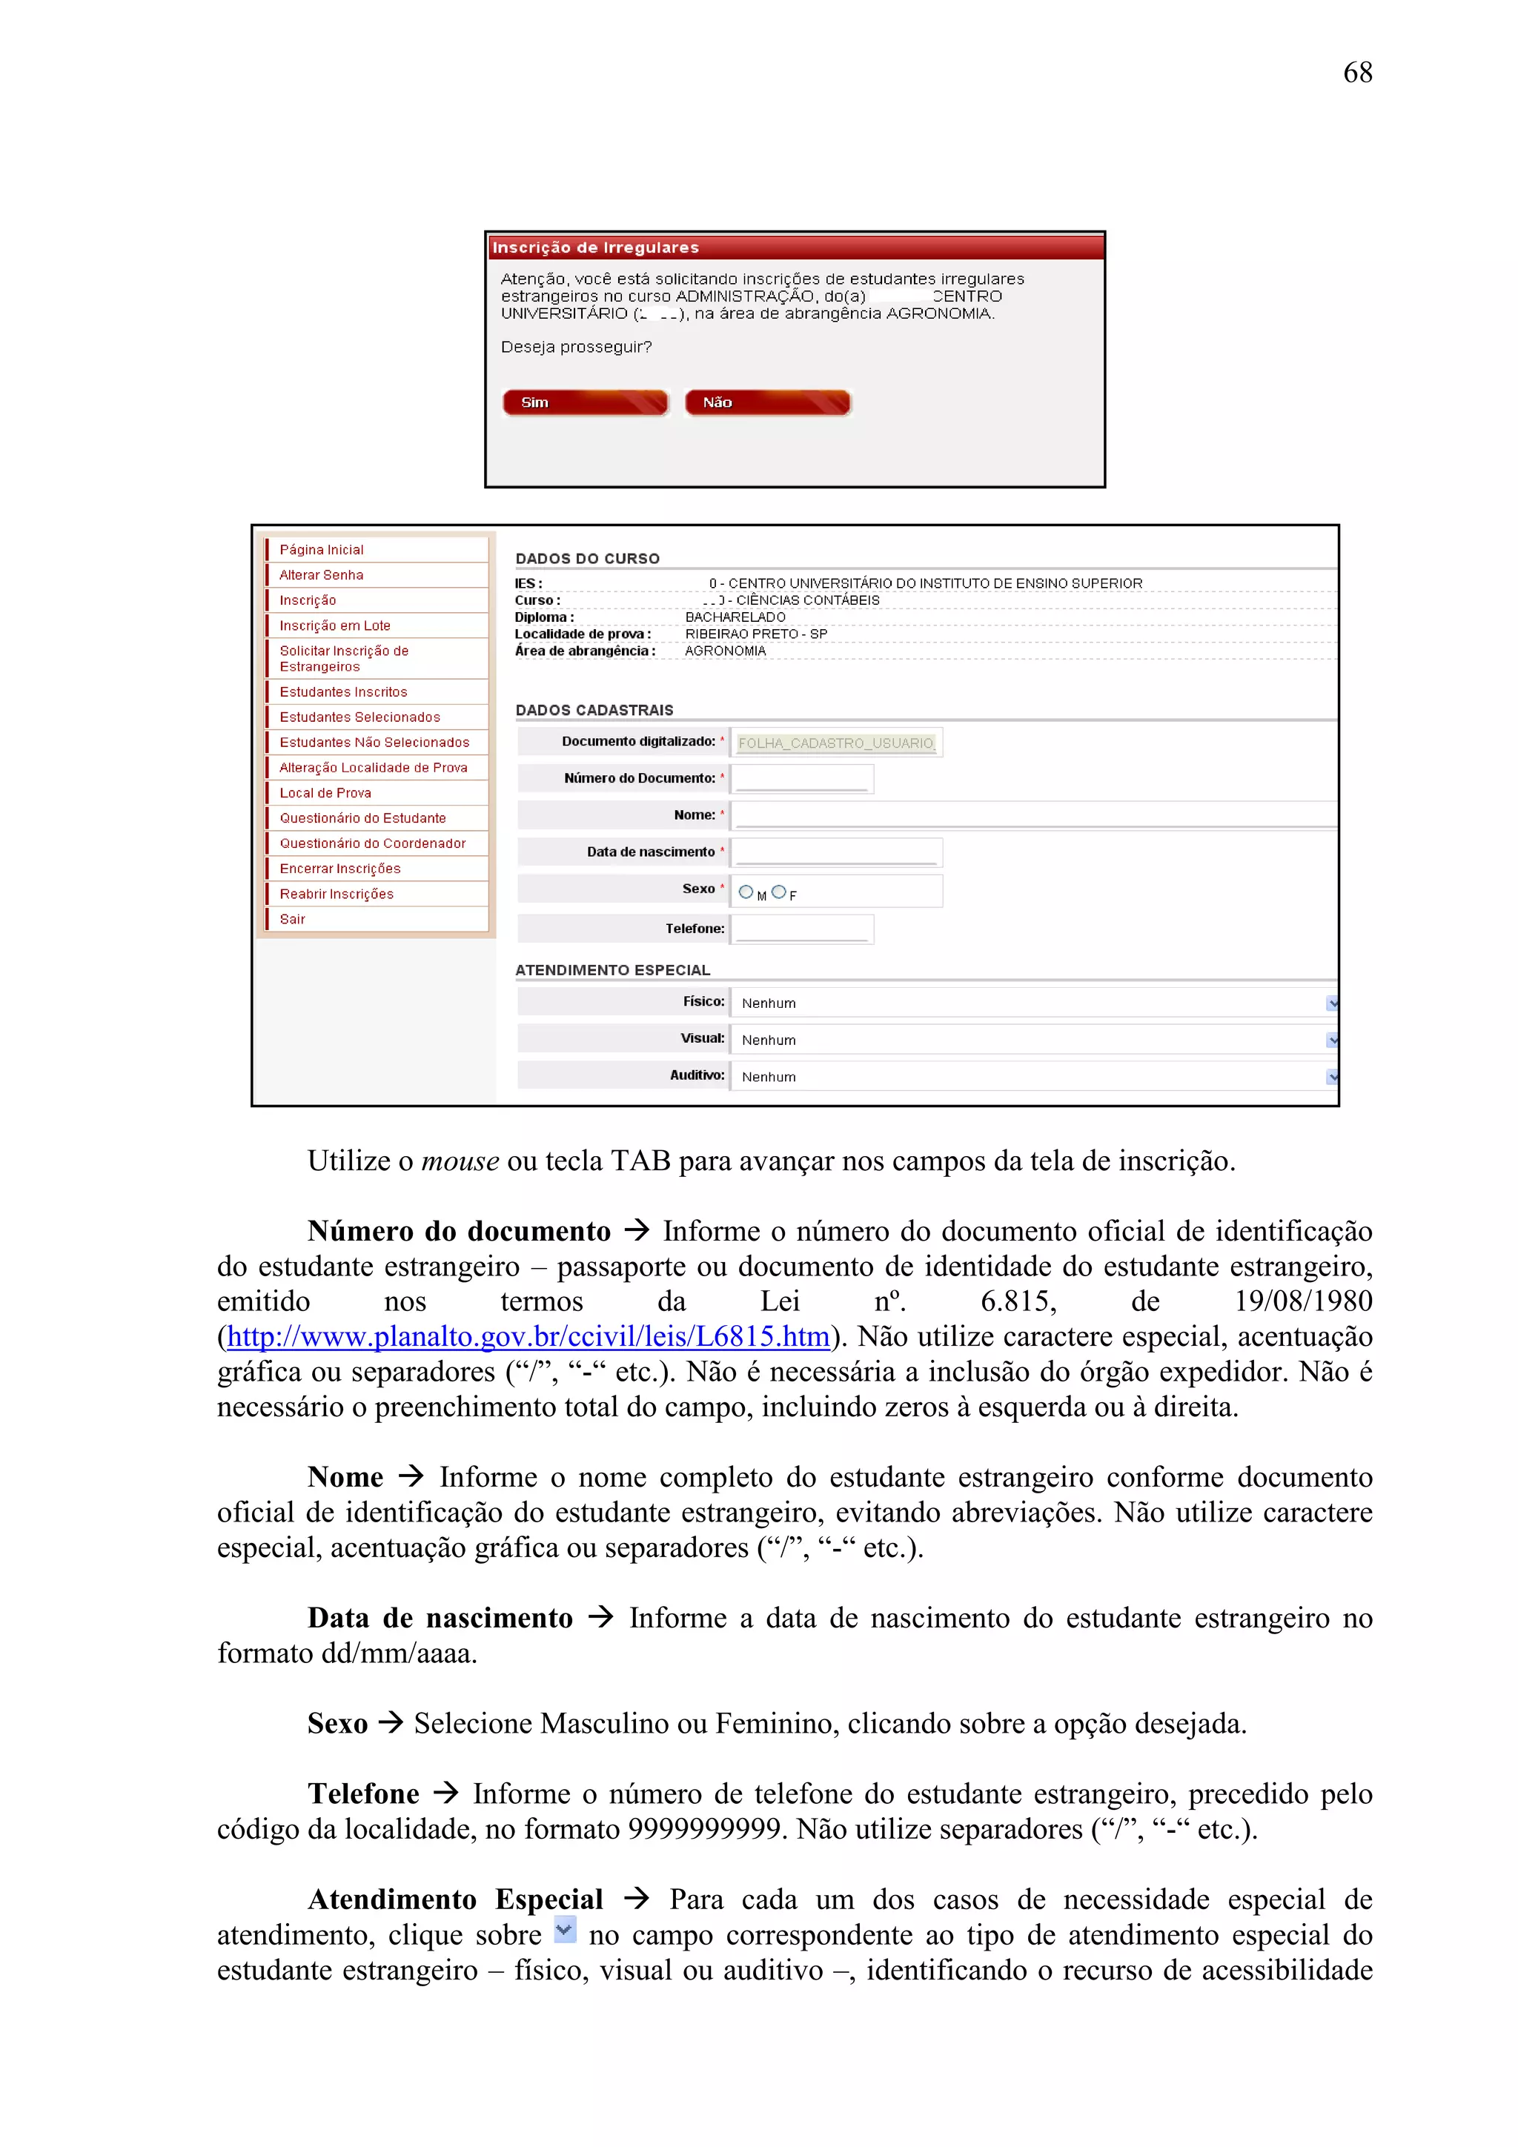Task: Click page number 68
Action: pos(1356,73)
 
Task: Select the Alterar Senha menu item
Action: pos(321,575)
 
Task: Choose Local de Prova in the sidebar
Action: pos(325,793)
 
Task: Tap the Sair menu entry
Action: pos(293,919)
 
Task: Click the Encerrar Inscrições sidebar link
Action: pos(339,869)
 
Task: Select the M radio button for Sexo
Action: pos(746,892)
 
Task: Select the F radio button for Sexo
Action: pos(778,892)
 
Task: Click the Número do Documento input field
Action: pos(801,779)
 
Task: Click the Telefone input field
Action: pos(801,929)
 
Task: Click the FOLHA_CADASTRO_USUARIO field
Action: pos(835,743)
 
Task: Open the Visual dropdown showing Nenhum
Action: pos(1029,1040)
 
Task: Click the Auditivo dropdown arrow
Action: pos(1332,1078)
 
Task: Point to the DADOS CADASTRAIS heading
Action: pos(594,711)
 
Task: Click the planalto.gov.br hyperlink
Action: pos(528,1337)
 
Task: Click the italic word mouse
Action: pos(460,1161)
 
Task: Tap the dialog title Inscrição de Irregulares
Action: pos(596,248)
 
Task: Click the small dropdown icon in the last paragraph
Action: pos(564,1929)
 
